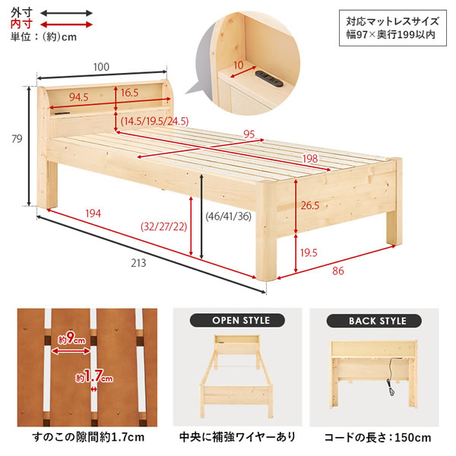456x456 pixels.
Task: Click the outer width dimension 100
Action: pyautogui.click(x=101, y=67)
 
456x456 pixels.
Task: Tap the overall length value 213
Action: pyautogui.click(x=138, y=263)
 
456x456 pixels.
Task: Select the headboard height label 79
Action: pyautogui.click(x=17, y=139)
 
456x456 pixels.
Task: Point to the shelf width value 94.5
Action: pyautogui.click(x=78, y=97)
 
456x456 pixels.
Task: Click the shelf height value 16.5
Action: pyautogui.click(x=129, y=93)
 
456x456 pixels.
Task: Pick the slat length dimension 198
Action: pyautogui.click(x=310, y=159)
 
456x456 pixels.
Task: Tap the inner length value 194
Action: pyautogui.click(x=93, y=214)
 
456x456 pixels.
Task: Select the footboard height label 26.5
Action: pyautogui.click(x=310, y=206)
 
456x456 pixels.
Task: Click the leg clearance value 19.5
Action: pyautogui.click(x=309, y=253)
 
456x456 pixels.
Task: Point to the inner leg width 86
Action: pyautogui.click(x=338, y=271)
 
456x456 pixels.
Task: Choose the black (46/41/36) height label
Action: pyautogui.click(x=228, y=216)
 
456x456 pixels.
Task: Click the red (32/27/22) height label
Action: pyautogui.click(x=163, y=226)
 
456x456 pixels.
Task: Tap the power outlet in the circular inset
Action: pyautogui.click(x=269, y=78)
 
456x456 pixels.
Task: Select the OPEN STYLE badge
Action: pyautogui.click(x=237, y=321)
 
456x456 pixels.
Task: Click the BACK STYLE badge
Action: pyautogui.click(x=374, y=321)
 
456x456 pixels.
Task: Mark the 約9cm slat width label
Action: pyautogui.click(x=71, y=338)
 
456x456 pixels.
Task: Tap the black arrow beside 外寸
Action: pyautogui.click(x=66, y=13)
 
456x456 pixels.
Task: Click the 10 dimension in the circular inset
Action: pyautogui.click(x=239, y=65)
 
